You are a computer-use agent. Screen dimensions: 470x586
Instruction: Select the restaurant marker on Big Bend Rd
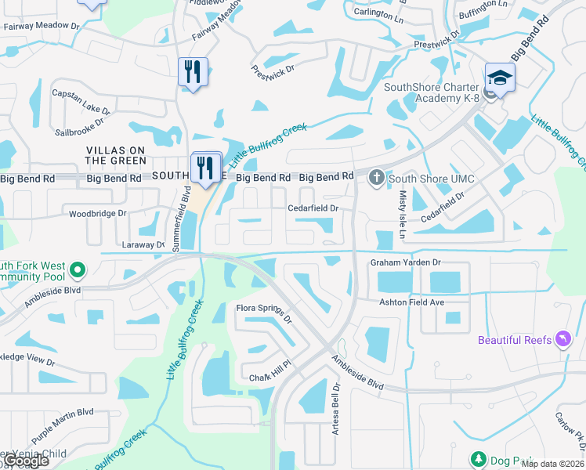(x=206, y=167)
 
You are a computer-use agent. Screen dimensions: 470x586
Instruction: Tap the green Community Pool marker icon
(x=77, y=271)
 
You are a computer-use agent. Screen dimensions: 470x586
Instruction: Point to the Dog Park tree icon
(x=477, y=459)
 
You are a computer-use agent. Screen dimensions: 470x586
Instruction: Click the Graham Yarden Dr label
(x=406, y=263)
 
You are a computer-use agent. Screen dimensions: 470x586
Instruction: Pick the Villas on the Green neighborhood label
(x=115, y=155)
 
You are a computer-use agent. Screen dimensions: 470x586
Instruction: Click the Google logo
(x=27, y=461)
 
